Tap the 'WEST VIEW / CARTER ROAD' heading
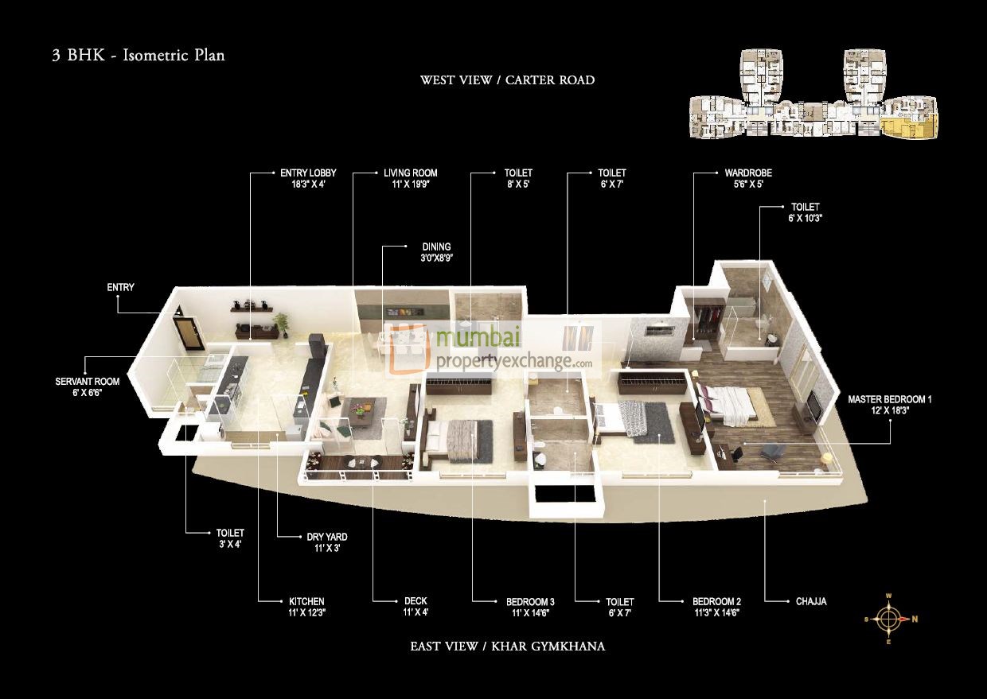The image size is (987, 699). click(507, 80)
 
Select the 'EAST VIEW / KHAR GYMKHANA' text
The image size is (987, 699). click(507, 647)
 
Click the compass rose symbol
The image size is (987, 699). click(889, 619)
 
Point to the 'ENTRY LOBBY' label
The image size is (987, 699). click(308, 173)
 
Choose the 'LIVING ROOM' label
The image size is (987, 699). click(410, 173)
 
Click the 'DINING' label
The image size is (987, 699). click(436, 247)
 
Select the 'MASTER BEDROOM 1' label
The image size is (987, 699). click(889, 399)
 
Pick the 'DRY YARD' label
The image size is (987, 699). click(327, 538)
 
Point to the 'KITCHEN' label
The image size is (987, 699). click(306, 602)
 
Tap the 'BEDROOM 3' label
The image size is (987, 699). click(530, 602)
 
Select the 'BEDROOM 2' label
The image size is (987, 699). click(716, 602)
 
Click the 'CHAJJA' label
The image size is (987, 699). click(811, 602)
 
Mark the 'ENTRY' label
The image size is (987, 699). click(121, 287)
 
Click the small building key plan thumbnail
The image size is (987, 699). click(813, 96)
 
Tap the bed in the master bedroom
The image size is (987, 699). click(728, 402)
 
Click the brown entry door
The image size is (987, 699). click(189, 335)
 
